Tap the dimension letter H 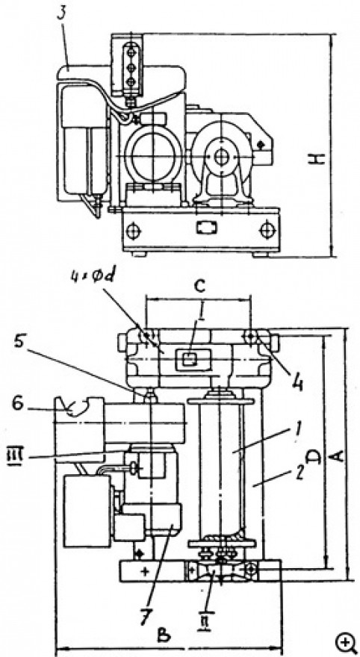click(x=320, y=158)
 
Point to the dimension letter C click(x=200, y=287)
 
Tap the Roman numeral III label click(x=16, y=455)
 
